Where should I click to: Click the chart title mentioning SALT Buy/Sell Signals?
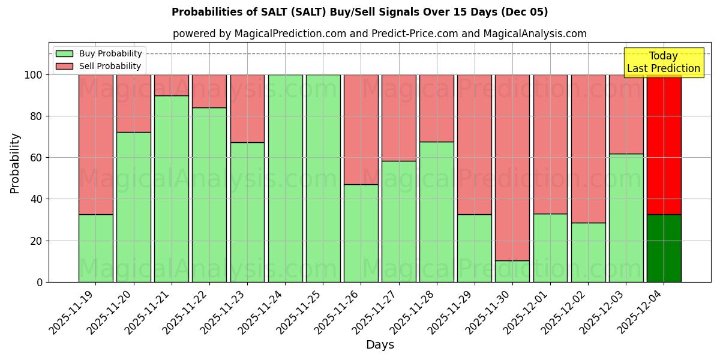tap(359, 12)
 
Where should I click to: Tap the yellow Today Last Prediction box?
tap(663, 62)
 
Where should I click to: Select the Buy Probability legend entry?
tap(98, 53)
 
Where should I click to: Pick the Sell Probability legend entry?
tap(98, 66)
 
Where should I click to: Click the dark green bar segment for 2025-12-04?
tap(664, 248)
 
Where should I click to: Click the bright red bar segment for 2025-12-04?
tap(664, 144)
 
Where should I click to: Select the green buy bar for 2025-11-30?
tap(512, 271)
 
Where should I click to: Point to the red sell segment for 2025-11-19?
tap(95, 144)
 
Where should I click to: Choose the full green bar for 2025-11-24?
tap(285, 178)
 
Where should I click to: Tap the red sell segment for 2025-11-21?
tap(171, 85)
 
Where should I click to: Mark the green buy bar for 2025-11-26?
tap(361, 233)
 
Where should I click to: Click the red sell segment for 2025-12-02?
tap(588, 148)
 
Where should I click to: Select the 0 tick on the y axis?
tap(40, 282)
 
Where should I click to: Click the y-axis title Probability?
tap(15, 163)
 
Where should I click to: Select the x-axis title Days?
tap(380, 345)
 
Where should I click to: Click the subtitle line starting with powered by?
tap(379, 34)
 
